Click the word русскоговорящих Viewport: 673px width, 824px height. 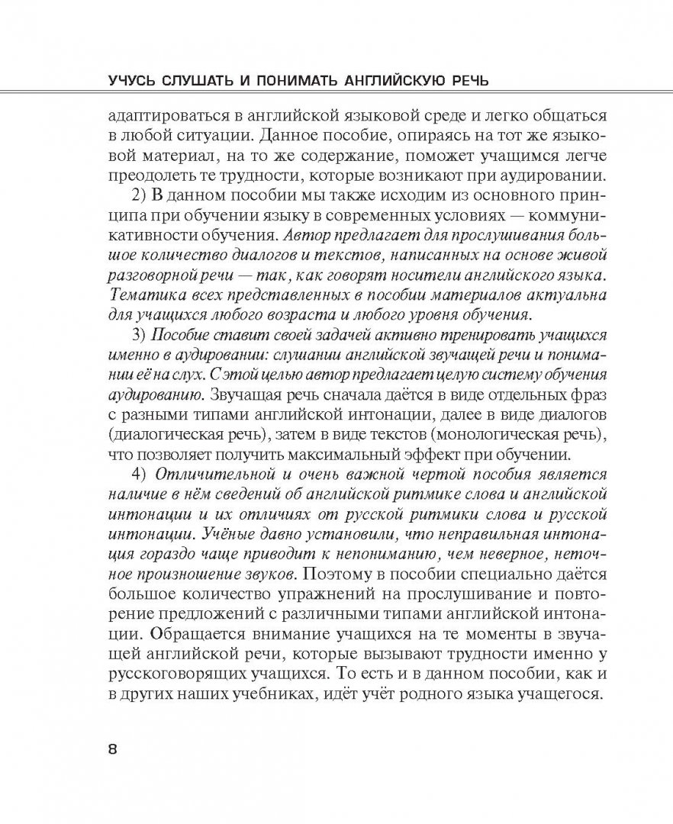(x=179, y=671)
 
